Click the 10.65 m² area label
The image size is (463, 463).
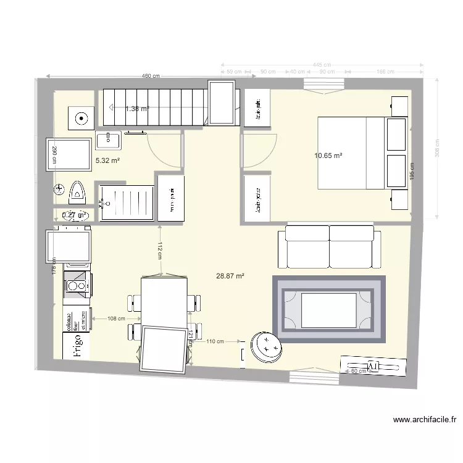328,156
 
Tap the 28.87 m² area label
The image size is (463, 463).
230,277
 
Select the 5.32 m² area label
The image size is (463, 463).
107,161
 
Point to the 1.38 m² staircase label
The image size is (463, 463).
137,109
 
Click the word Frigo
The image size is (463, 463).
78,346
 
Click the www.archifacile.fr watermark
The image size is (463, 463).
425,420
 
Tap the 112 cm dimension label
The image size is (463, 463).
159,249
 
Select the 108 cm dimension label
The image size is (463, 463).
117,319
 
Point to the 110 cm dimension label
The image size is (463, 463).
215,341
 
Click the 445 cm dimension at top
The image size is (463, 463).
321,65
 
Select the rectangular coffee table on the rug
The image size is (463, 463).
328,310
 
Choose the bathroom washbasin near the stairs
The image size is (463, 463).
109,140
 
